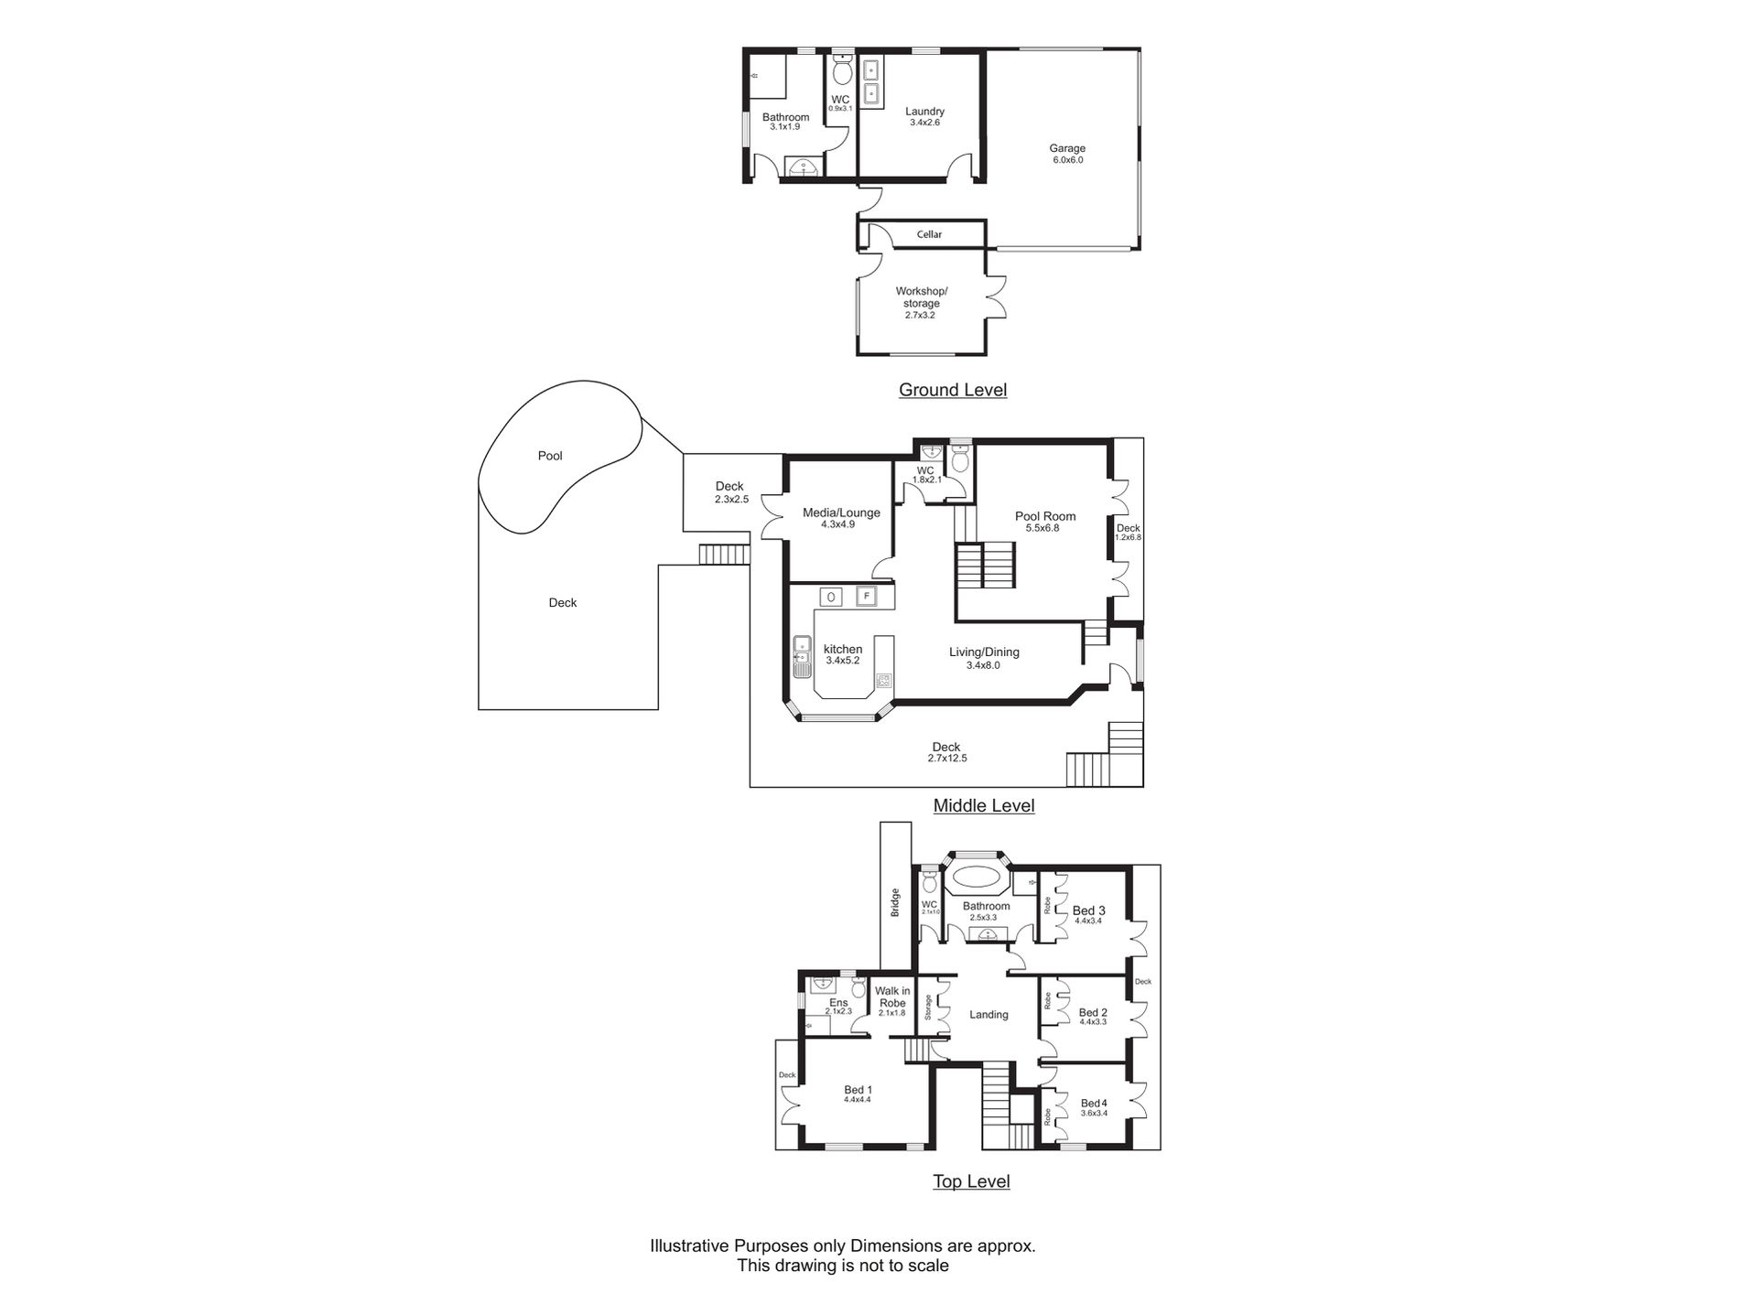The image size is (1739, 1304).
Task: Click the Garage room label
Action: pos(1067,148)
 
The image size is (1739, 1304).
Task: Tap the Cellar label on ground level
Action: pos(929,234)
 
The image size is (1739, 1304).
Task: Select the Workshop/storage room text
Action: pos(921,297)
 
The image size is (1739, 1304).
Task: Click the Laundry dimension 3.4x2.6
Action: pos(924,123)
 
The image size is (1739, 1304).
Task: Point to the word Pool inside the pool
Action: pos(550,456)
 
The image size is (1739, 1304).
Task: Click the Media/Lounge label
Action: pos(840,512)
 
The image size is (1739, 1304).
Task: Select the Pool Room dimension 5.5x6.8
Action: pos(1042,528)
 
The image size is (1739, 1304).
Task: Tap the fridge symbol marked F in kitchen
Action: pos(866,597)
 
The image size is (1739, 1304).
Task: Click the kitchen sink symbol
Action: pos(802,656)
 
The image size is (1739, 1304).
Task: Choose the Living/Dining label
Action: pos(983,652)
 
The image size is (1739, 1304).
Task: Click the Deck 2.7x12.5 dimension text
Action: pos(946,759)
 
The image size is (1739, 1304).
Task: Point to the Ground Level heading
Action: pos(952,390)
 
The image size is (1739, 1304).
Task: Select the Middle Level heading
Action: pos(983,806)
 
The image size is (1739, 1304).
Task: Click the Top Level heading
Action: pos(971,1181)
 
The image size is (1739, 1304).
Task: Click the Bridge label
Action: pos(895,902)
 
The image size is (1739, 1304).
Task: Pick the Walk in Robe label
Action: pos(891,997)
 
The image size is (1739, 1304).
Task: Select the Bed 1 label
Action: pos(858,1090)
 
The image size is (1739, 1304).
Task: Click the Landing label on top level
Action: pos(988,1015)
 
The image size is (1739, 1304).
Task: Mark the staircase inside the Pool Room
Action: pos(986,566)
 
